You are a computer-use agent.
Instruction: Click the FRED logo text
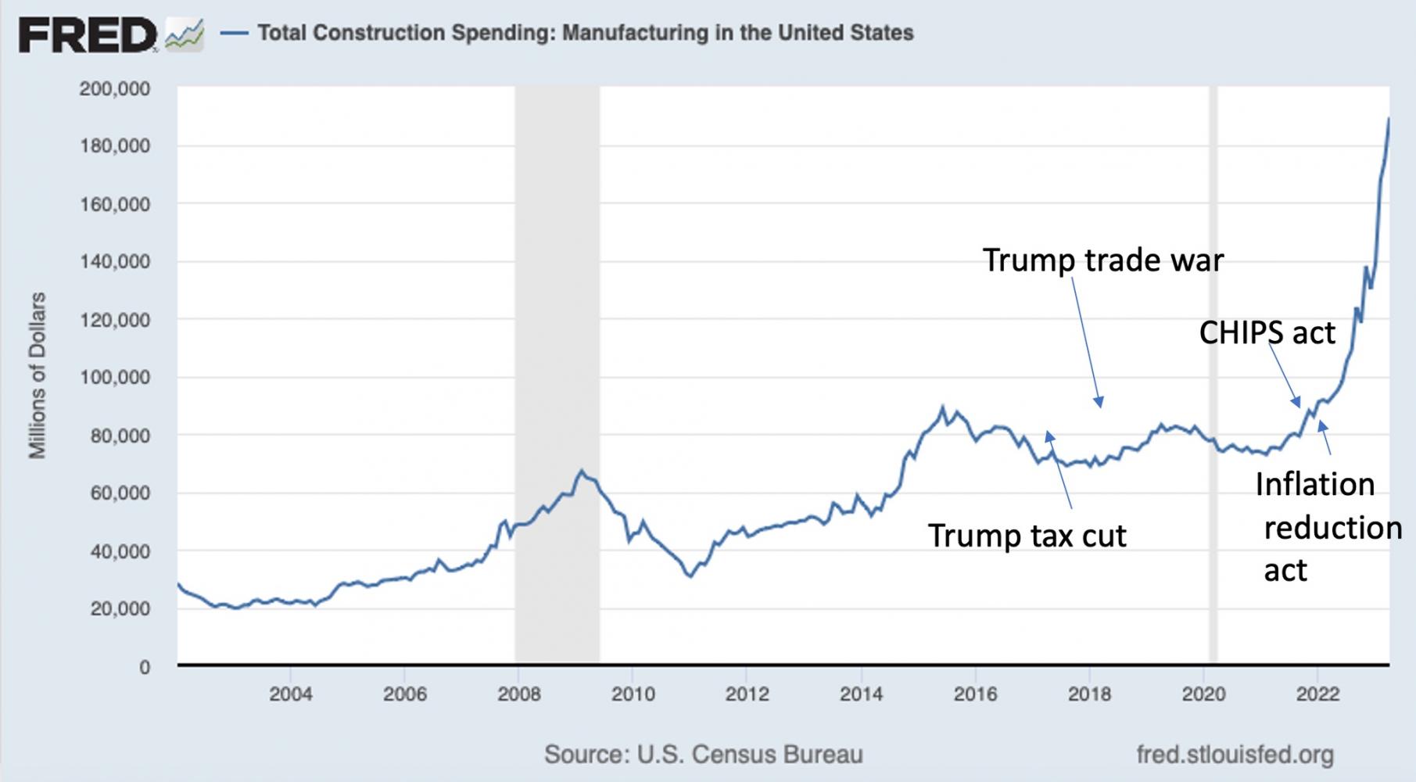(88, 35)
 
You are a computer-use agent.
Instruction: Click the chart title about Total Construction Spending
(585, 33)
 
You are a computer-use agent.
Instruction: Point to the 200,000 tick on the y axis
(114, 88)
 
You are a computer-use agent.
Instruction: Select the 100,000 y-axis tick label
(114, 378)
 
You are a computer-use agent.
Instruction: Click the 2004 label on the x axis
(291, 694)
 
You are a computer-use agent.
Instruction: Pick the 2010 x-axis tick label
(633, 694)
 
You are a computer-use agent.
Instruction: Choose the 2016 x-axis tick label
(975, 694)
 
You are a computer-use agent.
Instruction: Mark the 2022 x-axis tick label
(1317, 694)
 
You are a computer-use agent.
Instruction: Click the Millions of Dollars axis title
(37, 375)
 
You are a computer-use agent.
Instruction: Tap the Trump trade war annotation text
(1102, 260)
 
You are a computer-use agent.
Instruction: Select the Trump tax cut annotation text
(1027, 536)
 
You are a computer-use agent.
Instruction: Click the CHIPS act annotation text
(1267, 333)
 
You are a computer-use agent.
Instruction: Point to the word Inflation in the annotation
(1314, 485)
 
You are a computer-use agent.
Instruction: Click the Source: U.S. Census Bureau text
(703, 755)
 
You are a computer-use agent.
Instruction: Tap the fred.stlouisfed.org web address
(1235, 755)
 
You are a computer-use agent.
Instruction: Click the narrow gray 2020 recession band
(1213, 375)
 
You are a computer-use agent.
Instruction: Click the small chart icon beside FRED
(185, 36)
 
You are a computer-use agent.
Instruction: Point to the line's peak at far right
(1389, 119)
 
